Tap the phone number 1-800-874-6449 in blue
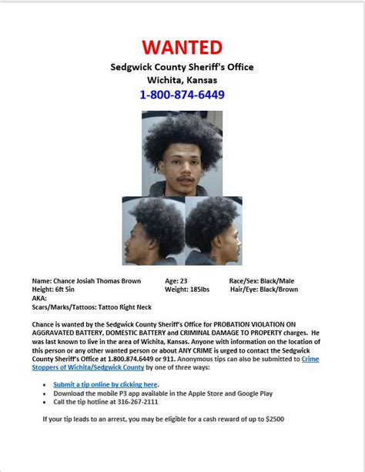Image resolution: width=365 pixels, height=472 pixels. click(182, 95)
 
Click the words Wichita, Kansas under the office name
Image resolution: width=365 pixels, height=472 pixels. click(182, 80)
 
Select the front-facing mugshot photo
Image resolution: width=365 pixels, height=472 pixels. click(182, 152)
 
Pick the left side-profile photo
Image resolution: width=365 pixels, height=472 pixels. click(152, 230)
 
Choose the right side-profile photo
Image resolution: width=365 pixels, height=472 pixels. click(213, 230)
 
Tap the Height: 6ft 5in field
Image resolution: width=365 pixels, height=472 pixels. click(54, 290)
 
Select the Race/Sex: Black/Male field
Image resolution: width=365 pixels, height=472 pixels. click(262, 282)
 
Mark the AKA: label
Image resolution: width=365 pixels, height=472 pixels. click(39, 297)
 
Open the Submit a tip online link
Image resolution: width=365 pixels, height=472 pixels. click(105, 384)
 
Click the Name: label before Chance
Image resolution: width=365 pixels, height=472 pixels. click(42, 282)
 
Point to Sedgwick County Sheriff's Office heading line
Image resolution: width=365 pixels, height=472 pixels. click(182, 67)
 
